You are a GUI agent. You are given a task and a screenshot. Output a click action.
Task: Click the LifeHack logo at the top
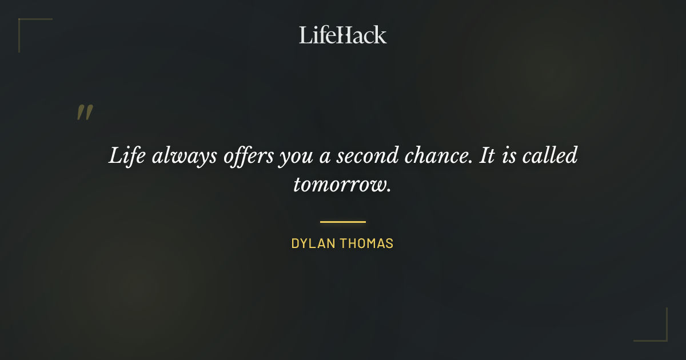click(x=343, y=35)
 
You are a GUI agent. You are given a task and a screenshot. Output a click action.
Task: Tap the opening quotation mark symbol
click(x=84, y=113)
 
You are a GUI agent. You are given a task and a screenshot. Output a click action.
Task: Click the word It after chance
click(x=486, y=156)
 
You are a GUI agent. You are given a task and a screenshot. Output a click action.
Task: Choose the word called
click(x=552, y=156)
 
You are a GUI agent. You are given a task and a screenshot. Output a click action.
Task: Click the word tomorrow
click(x=342, y=185)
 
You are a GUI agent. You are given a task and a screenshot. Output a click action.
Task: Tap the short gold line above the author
click(x=343, y=222)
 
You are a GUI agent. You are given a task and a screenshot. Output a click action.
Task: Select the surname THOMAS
click(x=367, y=243)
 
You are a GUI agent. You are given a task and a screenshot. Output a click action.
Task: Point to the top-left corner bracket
click(x=29, y=29)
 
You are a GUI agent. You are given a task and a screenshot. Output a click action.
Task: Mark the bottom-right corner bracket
click(x=657, y=331)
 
